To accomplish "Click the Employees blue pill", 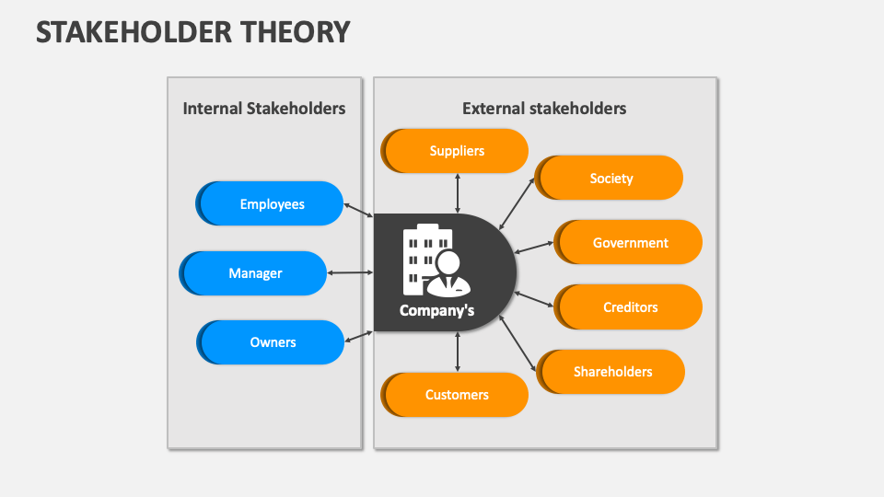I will click(272, 204).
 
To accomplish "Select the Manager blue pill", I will click(255, 273).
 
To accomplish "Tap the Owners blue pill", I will click(273, 342).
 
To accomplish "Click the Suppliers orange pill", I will click(457, 151).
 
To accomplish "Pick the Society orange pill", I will click(611, 179).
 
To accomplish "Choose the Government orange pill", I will click(630, 243).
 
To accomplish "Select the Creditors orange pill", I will click(630, 307).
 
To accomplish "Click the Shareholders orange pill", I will click(612, 372).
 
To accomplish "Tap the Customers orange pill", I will click(457, 395).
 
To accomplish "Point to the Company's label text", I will click(436, 311).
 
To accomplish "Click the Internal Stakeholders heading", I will click(264, 109).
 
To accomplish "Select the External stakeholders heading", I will click(544, 109).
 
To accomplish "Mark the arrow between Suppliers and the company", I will click(458, 193).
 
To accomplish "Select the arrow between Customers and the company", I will click(458, 352).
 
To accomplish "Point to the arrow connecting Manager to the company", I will click(350, 272).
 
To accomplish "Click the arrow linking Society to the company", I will click(517, 203).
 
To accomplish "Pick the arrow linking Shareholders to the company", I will click(518, 342).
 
